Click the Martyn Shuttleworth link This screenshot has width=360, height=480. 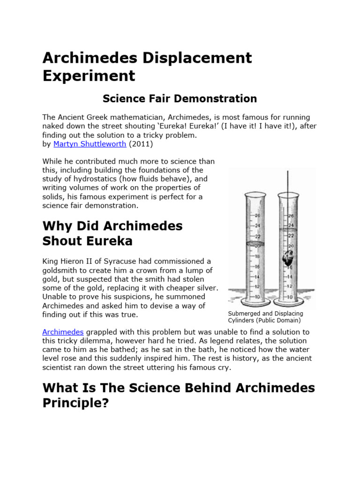pos(90,144)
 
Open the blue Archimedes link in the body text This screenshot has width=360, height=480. pos(62,332)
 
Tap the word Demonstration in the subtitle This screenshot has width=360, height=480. pos(217,98)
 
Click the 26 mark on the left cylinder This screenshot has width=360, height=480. pos(257,215)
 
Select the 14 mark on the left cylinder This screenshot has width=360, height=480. pos(257,277)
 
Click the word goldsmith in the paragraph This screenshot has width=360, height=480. pos(60,270)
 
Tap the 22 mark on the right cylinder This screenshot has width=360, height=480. pos(291,235)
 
